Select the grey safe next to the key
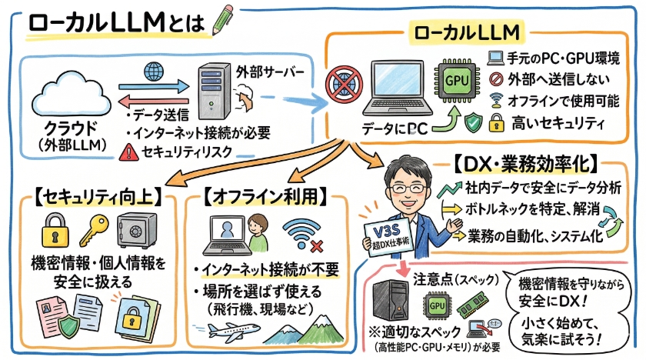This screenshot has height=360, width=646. [136, 229]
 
